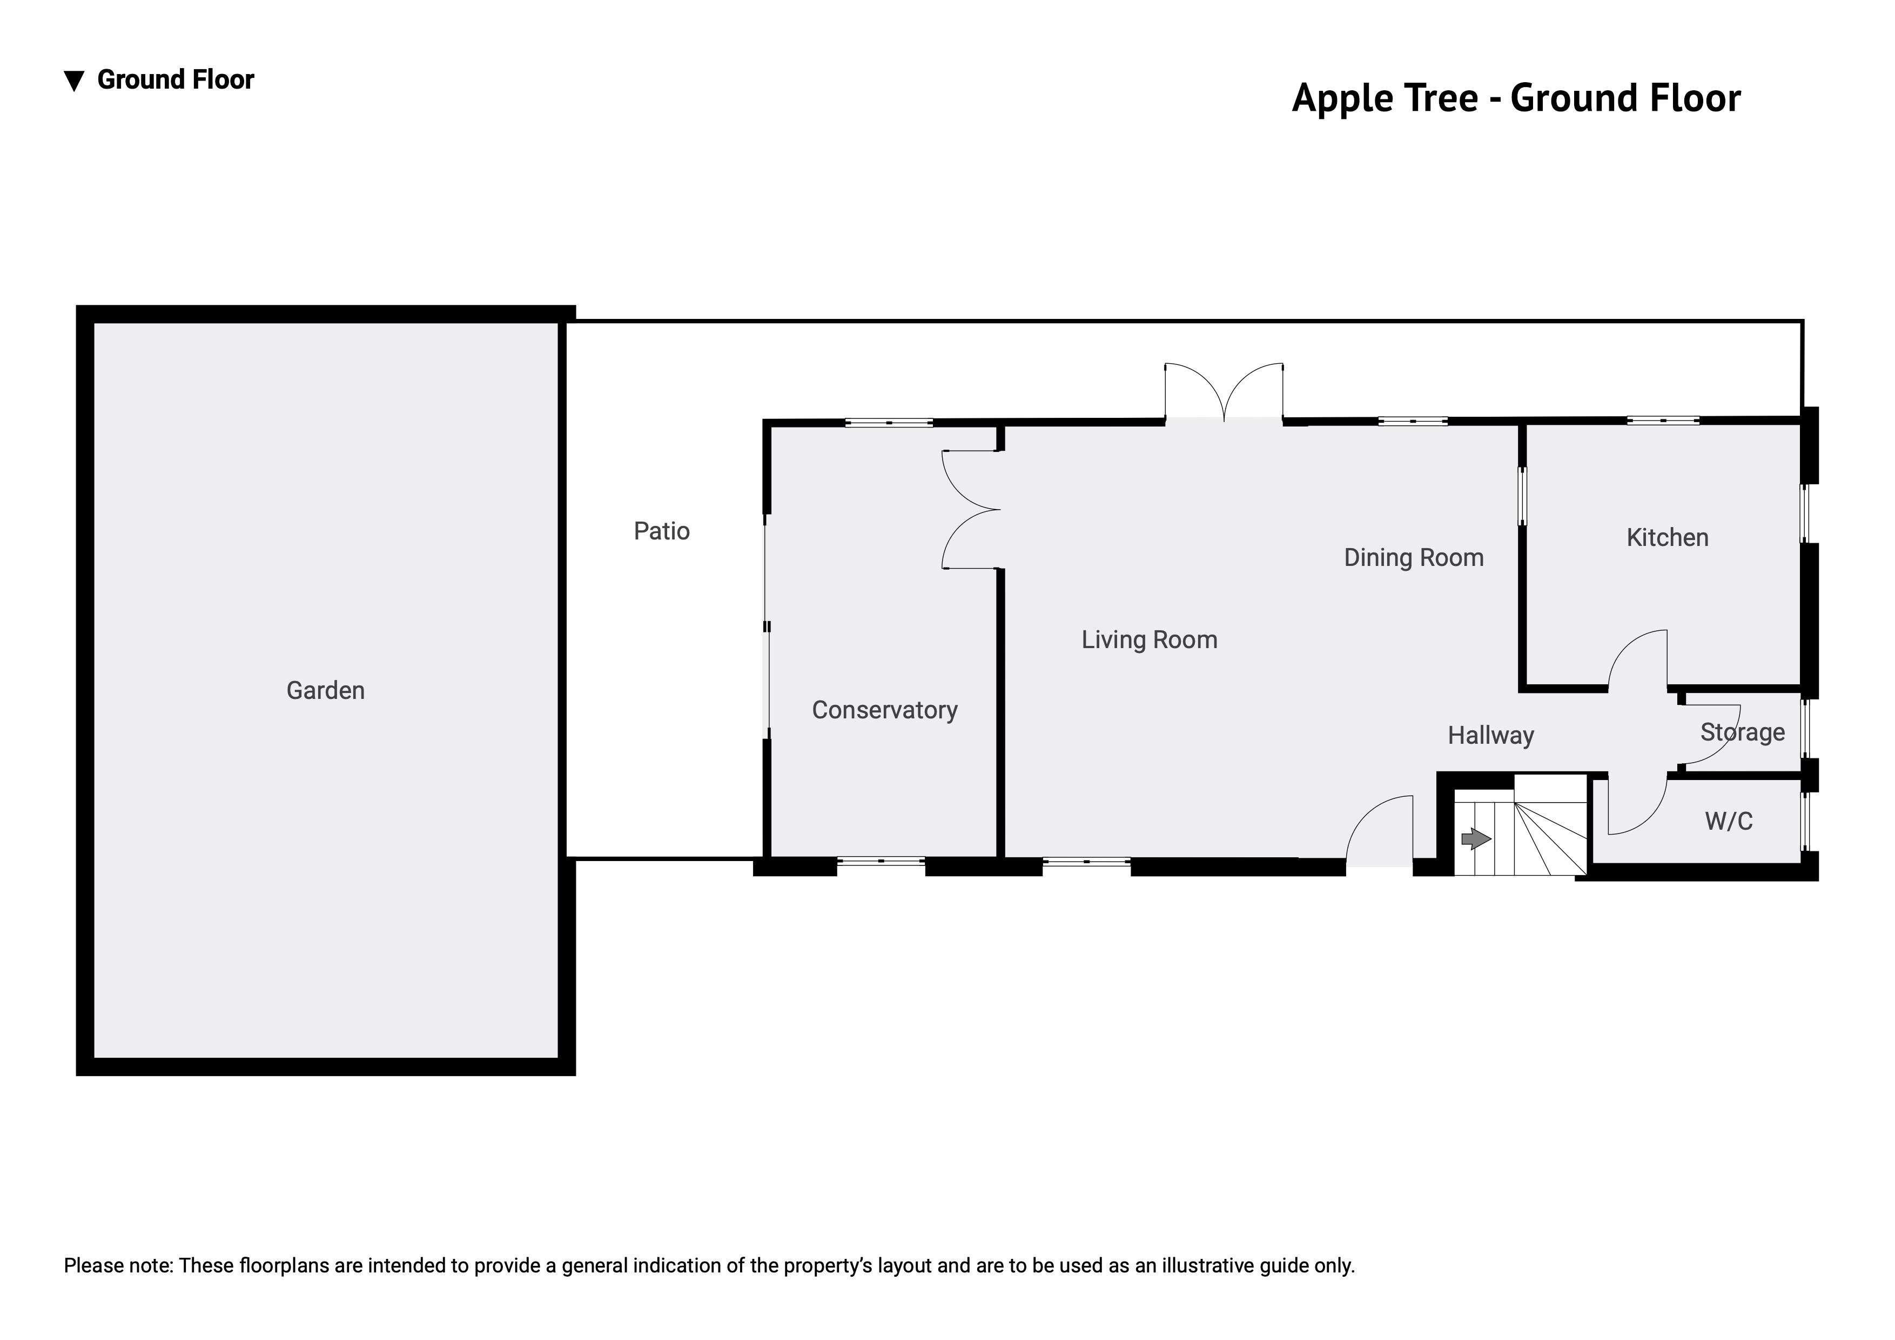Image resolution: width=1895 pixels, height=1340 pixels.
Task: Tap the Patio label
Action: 661,531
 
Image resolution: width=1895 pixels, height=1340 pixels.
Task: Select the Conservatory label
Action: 885,710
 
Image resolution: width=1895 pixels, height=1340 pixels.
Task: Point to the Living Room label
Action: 1150,640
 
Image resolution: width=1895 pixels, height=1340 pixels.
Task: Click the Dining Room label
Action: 1414,558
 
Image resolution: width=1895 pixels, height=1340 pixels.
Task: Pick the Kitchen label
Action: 1667,537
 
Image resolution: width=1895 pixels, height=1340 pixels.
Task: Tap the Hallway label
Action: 1490,736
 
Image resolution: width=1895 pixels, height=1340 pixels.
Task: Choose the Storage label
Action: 1742,732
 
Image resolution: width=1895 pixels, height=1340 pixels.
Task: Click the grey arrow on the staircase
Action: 1476,839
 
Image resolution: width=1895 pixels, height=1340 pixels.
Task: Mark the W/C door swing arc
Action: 1648,817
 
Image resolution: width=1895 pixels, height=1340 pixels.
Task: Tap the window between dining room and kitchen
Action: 1523,496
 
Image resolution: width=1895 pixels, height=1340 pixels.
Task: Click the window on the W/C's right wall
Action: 1805,822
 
